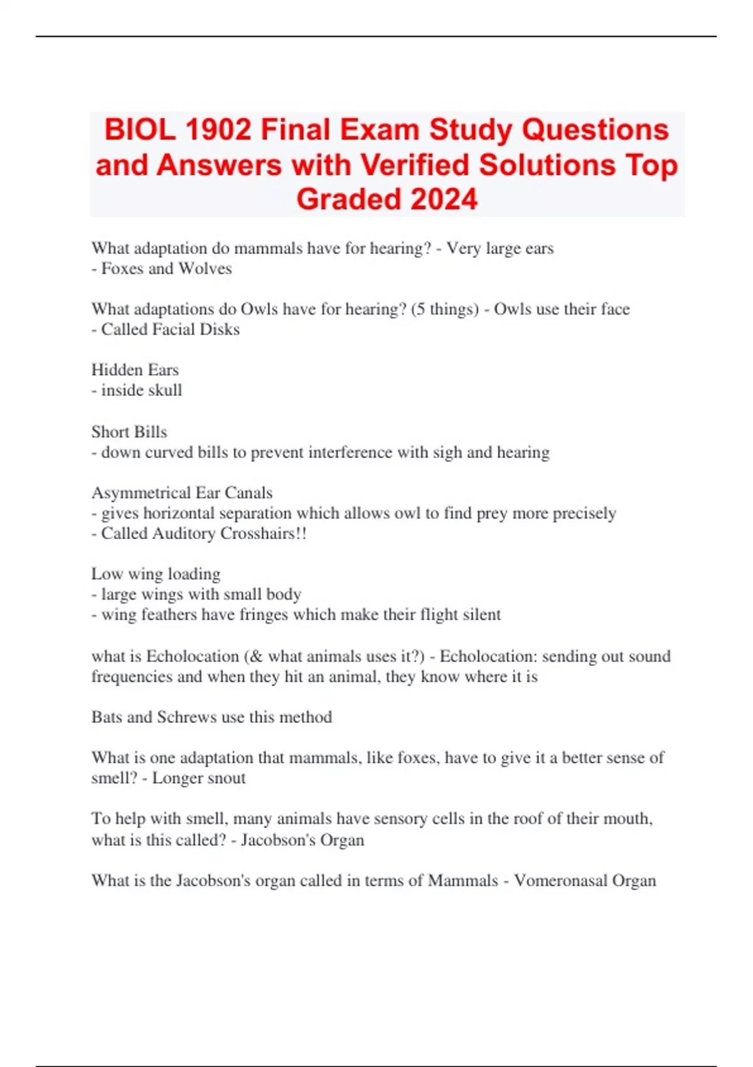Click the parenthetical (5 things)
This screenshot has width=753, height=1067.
click(445, 309)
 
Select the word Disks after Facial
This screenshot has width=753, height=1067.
click(220, 330)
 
